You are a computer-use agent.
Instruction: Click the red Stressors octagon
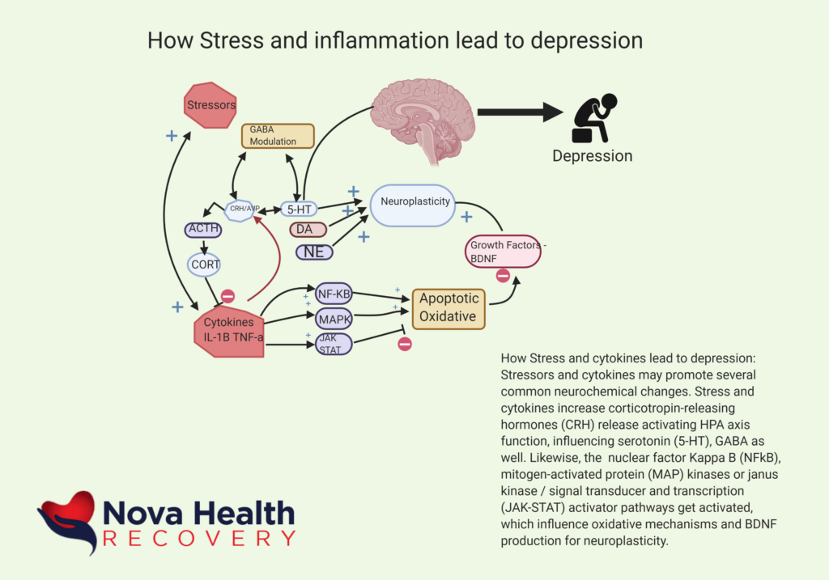210,104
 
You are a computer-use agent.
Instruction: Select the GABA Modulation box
278,135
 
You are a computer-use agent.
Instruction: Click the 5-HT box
299,208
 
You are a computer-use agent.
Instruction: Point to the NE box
314,252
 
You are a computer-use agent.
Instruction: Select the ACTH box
202,230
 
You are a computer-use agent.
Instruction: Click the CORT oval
205,264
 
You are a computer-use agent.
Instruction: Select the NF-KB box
333,294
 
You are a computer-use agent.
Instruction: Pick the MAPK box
333,319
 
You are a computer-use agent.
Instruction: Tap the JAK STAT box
333,345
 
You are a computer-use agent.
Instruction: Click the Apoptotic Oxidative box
449,308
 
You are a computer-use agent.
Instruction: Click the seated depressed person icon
595,118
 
